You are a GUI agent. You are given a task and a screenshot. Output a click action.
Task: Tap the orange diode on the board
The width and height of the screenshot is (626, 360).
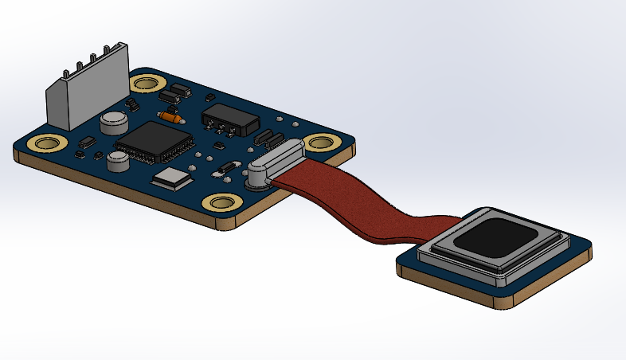[169, 117]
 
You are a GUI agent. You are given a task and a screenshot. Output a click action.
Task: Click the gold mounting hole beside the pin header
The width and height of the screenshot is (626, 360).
[147, 83]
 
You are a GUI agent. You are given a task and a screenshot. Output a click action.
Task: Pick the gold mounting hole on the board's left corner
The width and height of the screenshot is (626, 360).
[46, 144]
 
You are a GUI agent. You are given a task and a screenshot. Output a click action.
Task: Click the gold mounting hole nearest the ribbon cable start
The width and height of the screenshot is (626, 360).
[322, 143]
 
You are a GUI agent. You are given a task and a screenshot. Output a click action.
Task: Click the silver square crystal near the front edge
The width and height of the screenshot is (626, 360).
[172, 178]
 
